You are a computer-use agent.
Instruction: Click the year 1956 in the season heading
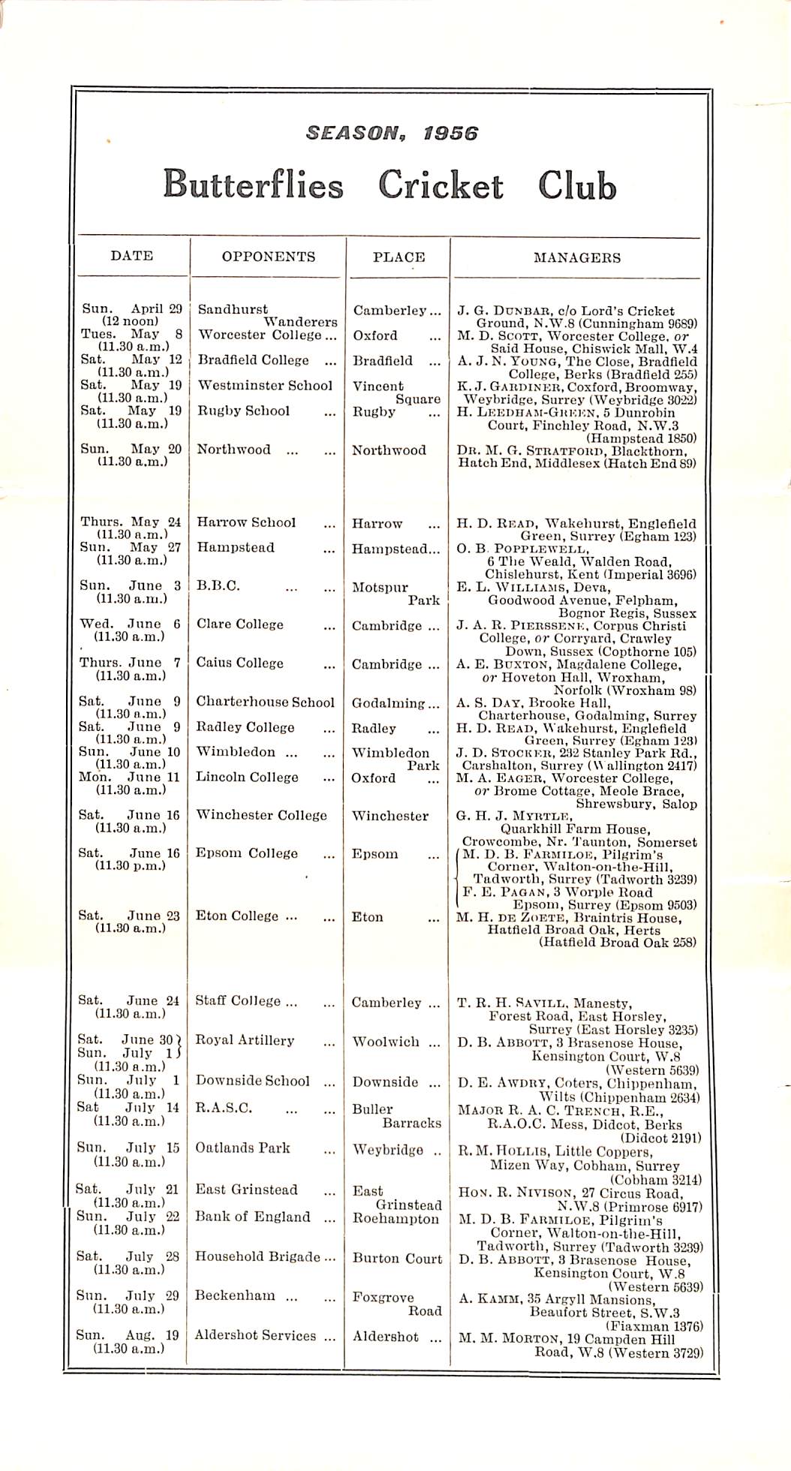[x=450, y=134]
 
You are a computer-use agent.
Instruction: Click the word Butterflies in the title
[x=253, y=185]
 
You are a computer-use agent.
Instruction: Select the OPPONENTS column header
[x=268, y=257]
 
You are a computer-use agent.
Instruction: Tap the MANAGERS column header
[x=576, y=257]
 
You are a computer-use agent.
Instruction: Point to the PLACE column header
[x=399, y=257]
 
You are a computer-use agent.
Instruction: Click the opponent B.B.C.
[x=218, y=586]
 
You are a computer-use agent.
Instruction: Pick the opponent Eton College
[x=237, y=916]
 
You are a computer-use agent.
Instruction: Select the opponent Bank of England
[x=252, y=1217]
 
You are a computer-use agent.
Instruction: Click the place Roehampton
[x=395, y=1218]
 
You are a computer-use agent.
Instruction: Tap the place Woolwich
[x=386, y=1042]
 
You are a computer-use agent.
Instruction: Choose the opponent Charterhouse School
[x=265, y=702]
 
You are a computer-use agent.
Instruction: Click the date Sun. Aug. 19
[x=128, y=1335]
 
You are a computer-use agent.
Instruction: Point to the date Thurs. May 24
[x=131, y=522]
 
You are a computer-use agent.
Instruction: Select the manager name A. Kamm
[x=491, y=1299]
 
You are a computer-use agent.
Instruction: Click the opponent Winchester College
[x=261, y=815]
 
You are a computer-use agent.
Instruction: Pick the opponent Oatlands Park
[x=242, y=1148]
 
